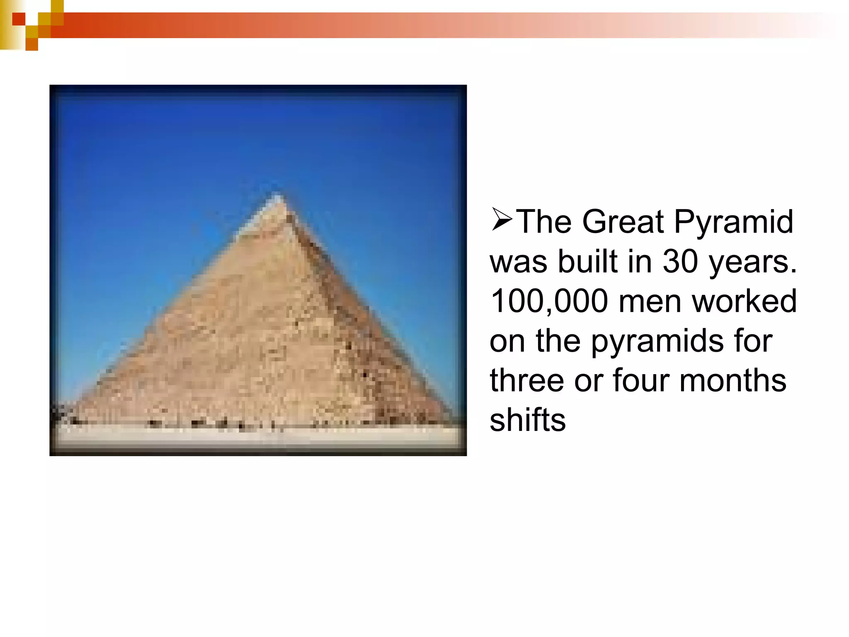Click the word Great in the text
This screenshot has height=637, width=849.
[x=623, y=222]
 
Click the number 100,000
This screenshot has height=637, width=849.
[x=549, y=301]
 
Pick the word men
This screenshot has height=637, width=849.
[x=650, y=301]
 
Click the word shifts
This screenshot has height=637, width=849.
[x=527, y=420]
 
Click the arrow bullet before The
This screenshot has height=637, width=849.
[x=502, y=219]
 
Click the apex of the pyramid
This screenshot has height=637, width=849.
[x=277, y=194]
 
